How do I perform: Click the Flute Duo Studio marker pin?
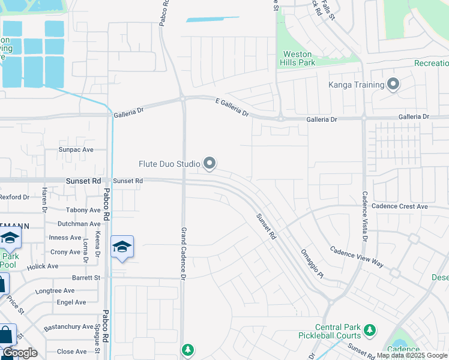click(x=209, y=163)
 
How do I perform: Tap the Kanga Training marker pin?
click(x=393, y=84)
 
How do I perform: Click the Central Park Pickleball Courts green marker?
click(x=370, y=330)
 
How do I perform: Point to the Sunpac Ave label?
click(x=76, y=149)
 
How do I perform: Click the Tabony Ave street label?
click(x=83, y=210)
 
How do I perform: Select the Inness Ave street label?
click(x=65, y=238)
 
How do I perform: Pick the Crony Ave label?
click(x=65, y=252)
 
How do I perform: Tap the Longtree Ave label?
click(x=55, y=291)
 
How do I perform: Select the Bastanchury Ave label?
click(x=68, y=327)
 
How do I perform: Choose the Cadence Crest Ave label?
click(x=399, y=206)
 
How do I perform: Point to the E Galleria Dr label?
click(x=232, y=108)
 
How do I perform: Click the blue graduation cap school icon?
click(x=122, y=247)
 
